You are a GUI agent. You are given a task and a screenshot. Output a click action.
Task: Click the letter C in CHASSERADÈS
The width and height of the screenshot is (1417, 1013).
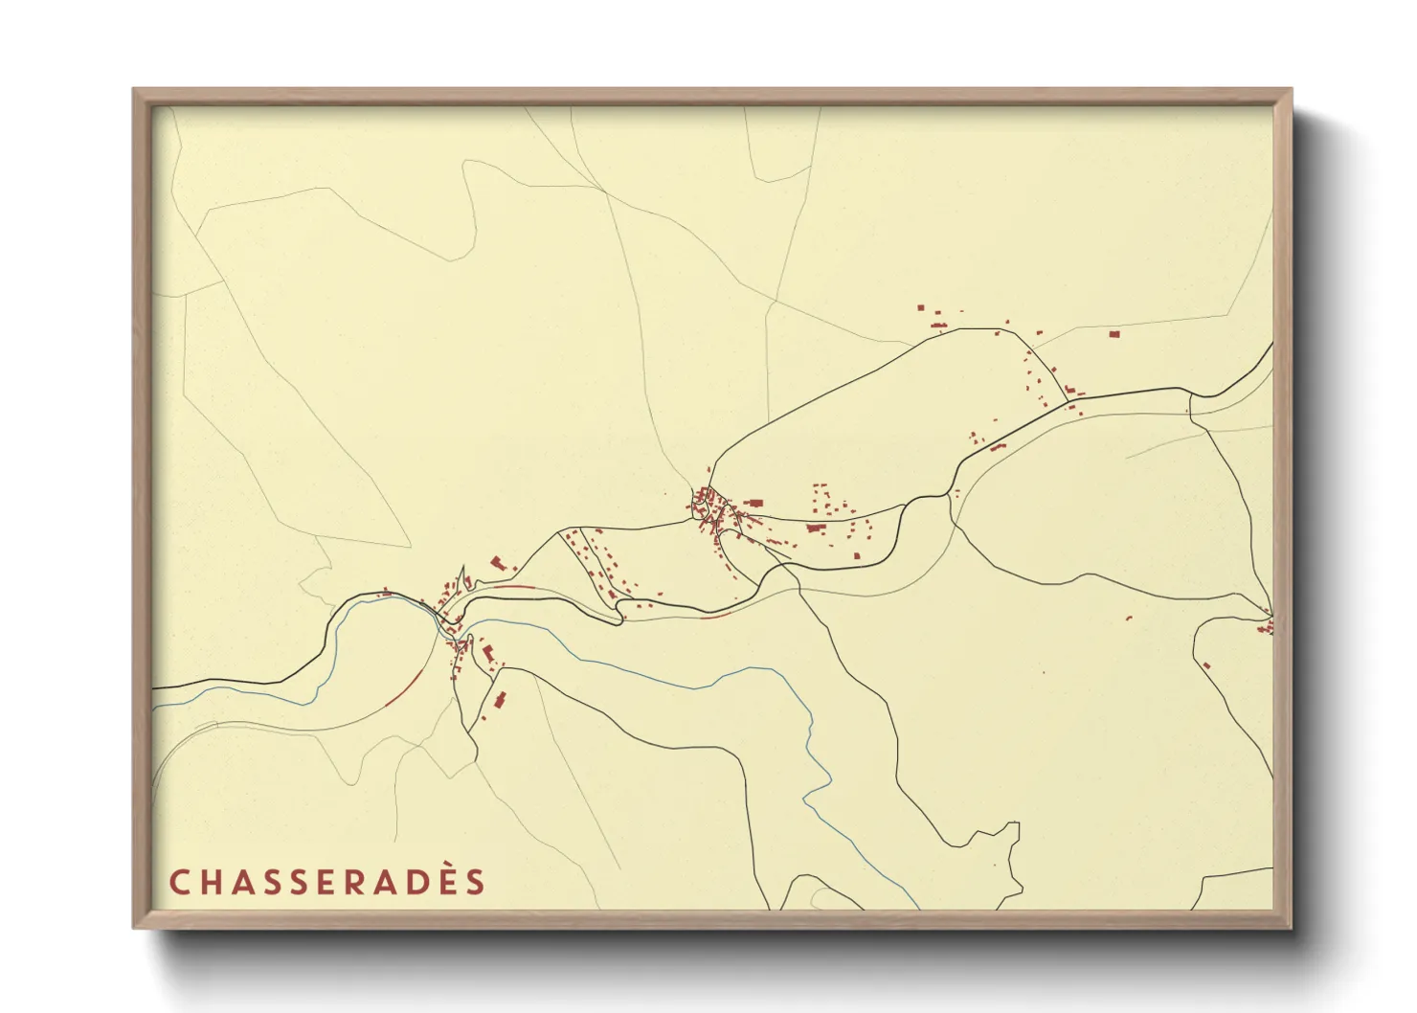coord(179,882)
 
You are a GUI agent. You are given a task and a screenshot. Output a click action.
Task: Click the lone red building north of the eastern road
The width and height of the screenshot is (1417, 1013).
coord(1113,334)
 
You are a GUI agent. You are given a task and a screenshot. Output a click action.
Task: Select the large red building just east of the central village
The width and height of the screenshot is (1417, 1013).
coord(754,503)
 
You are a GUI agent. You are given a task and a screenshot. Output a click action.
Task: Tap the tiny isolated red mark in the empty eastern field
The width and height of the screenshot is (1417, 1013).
coord(1128,618)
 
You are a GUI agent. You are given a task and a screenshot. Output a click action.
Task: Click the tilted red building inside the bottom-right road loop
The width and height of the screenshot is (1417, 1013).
coord(1206,664)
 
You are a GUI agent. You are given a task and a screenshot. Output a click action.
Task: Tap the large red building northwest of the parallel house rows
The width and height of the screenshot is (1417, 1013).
coord(497,563)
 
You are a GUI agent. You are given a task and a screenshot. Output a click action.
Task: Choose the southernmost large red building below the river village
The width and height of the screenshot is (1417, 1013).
coord(499,699)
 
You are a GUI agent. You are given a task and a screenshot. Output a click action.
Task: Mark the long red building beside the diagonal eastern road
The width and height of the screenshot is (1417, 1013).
coord(999,447)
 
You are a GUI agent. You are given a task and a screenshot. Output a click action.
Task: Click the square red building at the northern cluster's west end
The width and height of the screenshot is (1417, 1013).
coord(921,308)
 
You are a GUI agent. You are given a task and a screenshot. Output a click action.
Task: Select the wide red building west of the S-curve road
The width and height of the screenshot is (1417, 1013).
coord(816,527)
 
